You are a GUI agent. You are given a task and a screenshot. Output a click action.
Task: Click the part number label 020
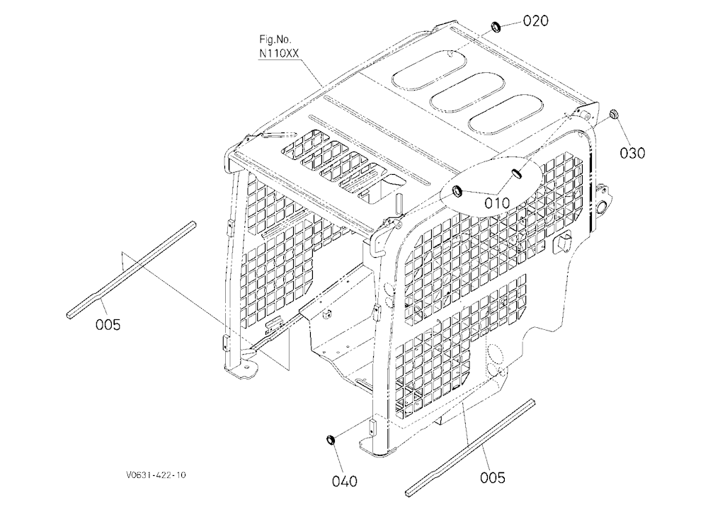point(535,21)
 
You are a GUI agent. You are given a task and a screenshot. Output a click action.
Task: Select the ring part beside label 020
point(496,27)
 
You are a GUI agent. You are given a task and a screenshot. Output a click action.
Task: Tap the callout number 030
point(632,153)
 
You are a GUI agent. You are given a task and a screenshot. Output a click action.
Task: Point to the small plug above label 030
point(613,114)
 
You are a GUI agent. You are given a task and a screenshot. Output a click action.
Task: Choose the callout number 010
point(497,202)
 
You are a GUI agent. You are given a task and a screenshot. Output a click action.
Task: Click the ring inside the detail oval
point(457,191)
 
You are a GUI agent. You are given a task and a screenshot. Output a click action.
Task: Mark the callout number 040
point(345,481)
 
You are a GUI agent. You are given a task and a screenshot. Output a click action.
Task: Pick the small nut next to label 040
point(331,440)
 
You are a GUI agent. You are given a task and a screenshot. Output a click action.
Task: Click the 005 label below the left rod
point(108,324)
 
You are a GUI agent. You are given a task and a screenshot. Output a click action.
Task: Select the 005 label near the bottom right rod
point(492,477)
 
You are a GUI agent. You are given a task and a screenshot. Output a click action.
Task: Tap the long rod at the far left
point(131,270)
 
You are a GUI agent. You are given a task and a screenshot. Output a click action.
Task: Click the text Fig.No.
point(275,40)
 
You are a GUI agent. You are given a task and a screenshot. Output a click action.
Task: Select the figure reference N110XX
point(278,53)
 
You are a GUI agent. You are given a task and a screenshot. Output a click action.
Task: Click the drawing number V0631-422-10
point(156,474)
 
